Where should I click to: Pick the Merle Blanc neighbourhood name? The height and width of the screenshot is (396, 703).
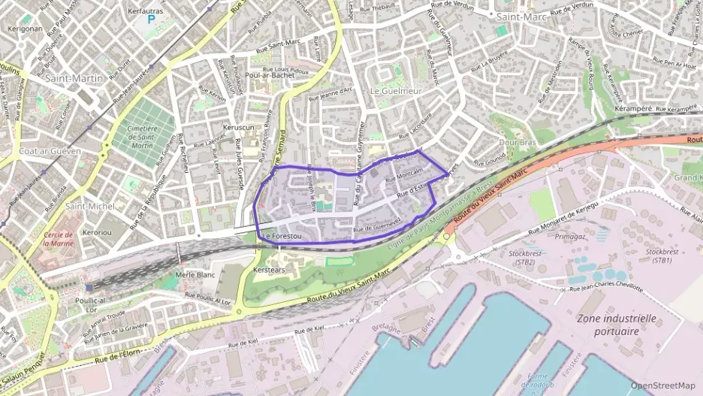195,275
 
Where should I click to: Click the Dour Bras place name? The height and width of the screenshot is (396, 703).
517,142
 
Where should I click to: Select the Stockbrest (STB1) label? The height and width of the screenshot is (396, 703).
662,255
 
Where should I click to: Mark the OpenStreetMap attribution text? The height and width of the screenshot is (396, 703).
663,385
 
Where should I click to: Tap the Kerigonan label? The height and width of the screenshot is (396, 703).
24,29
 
